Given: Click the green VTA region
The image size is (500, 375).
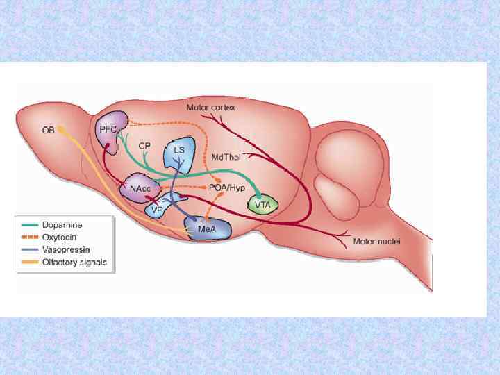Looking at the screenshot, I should pos(262,205).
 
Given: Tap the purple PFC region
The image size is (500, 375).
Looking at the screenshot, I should pos(110,131).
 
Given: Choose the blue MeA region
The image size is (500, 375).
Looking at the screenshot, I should pos(206,228).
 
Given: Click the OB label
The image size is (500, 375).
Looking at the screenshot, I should pos(49,131).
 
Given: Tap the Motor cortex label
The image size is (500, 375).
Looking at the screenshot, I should pos(210,108).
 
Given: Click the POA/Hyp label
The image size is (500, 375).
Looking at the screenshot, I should pos(226,187).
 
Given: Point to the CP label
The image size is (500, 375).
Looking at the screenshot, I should pos(144,146).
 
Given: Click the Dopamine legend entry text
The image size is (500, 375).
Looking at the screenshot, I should pos(62,226).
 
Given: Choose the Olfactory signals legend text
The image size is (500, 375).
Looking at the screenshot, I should pos(74,262).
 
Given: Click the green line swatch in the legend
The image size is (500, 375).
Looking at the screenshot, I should pos(30,226).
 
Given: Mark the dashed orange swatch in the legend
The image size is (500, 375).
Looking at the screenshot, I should pos(30,237).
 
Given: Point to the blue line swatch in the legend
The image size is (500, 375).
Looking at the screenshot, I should pos(30,249).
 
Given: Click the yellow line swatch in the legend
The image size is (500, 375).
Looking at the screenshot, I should pos(30,262).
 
